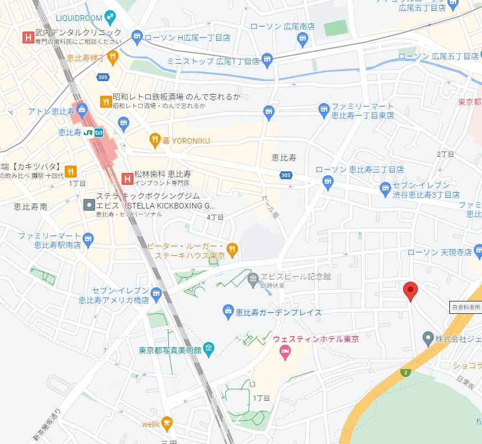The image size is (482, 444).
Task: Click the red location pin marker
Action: pyautogui.click(x=411, y=291)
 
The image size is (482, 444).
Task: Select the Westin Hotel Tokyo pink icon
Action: pyautogui.click(x=285, y=352)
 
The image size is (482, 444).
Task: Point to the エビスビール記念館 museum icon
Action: pyautogui.click(x=253, y=277)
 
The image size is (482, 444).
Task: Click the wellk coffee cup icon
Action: pyautogui.click(x=166, y=422)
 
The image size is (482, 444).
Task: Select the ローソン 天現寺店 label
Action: pyautogui.click(x=440, y=252)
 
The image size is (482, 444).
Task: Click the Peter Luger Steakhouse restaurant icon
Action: pyautogui.click(x=232, y=248)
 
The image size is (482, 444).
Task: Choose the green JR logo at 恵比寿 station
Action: pyautogui.click(x=88, y=132)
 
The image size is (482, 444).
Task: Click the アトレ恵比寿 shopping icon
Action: pyautogui.click(x=81, y=110)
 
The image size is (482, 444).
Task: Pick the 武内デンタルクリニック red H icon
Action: pyautogui.click(x=26, y=37)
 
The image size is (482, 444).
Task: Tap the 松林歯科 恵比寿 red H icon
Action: pyautogui.click(x=127, y=179)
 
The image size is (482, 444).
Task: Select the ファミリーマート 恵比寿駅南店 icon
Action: pyautogui.click(x=88, y=240)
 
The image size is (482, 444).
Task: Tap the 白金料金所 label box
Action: pyautogui.click(x=466, y=307)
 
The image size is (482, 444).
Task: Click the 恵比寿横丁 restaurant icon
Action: pyautogui.click(x=113, y=56)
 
